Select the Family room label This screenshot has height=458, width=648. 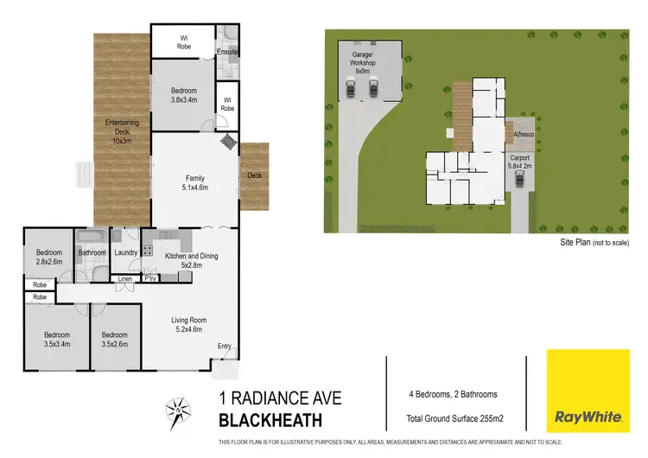(194, 181)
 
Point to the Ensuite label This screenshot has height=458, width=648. (227, 52)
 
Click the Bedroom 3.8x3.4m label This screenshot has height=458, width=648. (183, 95)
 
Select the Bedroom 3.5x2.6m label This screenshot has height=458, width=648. (115, 339)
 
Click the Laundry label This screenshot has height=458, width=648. (126, 253)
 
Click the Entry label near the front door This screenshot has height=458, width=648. (225, 347)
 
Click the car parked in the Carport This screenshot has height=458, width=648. (519, 180)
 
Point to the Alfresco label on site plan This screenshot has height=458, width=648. (522, 136)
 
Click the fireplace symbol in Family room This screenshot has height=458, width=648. (228, 142)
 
